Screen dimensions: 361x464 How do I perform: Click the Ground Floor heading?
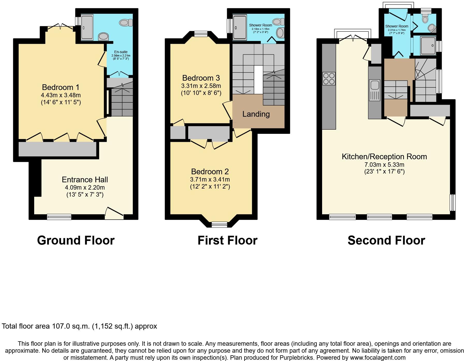click(x=76, y=240)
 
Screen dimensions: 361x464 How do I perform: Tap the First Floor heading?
click(x=227, y=240)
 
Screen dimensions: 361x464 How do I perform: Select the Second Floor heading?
click(x=386, y=240)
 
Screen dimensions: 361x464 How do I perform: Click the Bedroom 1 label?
click(x=61, y=87)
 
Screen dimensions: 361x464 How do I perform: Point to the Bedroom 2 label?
click(x=210, y=172)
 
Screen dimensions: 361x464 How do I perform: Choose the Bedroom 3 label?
click(x=201, y=78)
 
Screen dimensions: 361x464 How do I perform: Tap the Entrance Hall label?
click(x=85, y=180)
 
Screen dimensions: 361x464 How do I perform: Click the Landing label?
click(x=256, y=114)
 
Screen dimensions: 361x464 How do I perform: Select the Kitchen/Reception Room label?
click(x=384, y=157)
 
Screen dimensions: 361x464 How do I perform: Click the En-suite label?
click(x=121, y=52)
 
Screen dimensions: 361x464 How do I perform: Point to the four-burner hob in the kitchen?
click(x=329, y=79)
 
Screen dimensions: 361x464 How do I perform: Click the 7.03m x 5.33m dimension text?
click(x=384, y=165)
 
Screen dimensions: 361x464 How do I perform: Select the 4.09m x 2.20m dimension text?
click(x=85, y=188)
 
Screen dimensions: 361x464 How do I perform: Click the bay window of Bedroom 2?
click(x=219, y=224)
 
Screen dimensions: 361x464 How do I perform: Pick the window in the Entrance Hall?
click(x=59, y=217)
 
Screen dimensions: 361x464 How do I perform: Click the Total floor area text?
click(x=79, y=326)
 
